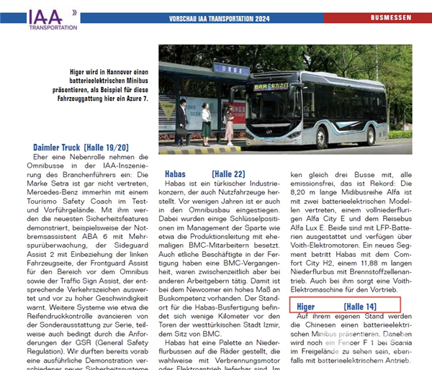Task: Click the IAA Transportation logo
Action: (x=49, y=19)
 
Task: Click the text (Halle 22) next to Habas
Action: (x=228, y=173)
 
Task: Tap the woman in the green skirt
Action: (x=206, y=119)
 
